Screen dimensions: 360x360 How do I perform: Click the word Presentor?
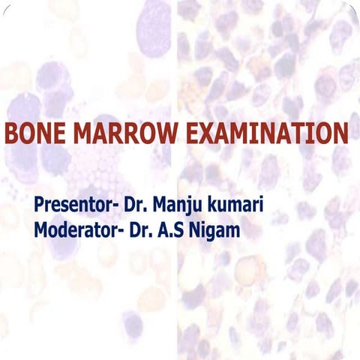point(72,204)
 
